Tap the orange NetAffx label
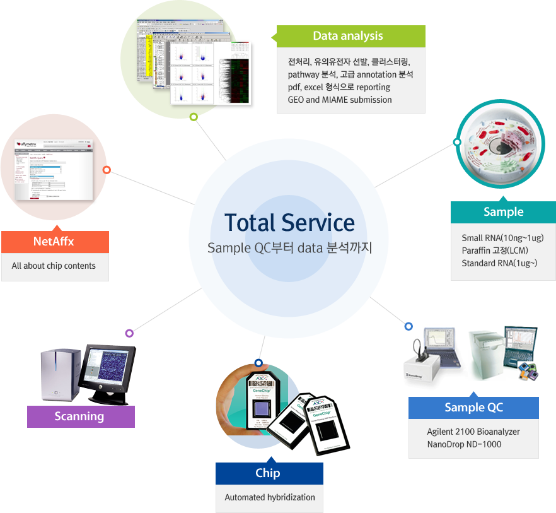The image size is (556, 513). [x=54, y=242]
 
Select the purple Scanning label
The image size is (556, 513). [x=80, y=416]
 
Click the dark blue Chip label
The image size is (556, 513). [x=269, y=473]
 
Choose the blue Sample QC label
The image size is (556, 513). [x=473, y=408]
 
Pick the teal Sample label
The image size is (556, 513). [x=503, y=212]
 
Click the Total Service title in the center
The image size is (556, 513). [x=289, y=223]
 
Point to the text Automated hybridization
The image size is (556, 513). [x=270, y=497]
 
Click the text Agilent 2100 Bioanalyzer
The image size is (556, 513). [x=473, y=432]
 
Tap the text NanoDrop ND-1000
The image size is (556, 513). [x=464, y=444]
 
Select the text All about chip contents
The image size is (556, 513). [x=54, y=266]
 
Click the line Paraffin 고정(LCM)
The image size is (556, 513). [x=494, y=251]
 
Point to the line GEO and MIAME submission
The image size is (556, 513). [x=340, y=100]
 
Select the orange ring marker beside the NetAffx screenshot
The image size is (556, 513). [x=107, y=170]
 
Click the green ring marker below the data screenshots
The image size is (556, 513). [x=194, y=117]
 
